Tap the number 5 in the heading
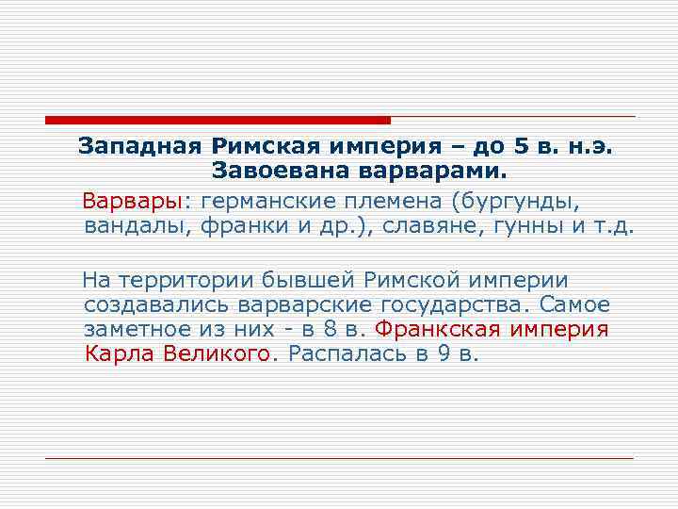[521, 147]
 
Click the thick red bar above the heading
[217, 121]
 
